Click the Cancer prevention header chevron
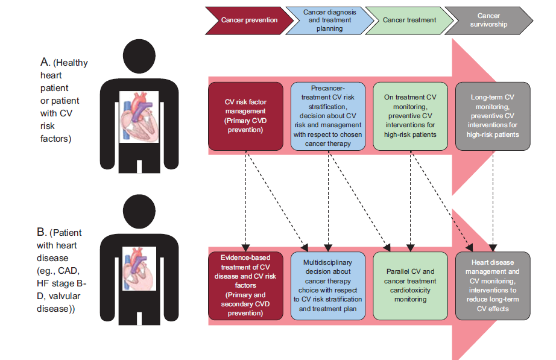249,20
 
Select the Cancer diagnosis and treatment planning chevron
329,20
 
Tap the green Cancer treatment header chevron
409,20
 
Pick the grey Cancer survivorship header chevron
490,20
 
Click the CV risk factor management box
246,116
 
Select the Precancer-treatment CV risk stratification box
329,116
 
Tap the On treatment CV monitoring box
410,116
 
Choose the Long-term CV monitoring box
493,116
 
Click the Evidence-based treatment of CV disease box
246,285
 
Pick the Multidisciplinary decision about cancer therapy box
329,285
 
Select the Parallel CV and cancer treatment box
410,285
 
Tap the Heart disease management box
493,285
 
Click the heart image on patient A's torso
139,117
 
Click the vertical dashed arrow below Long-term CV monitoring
493,199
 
